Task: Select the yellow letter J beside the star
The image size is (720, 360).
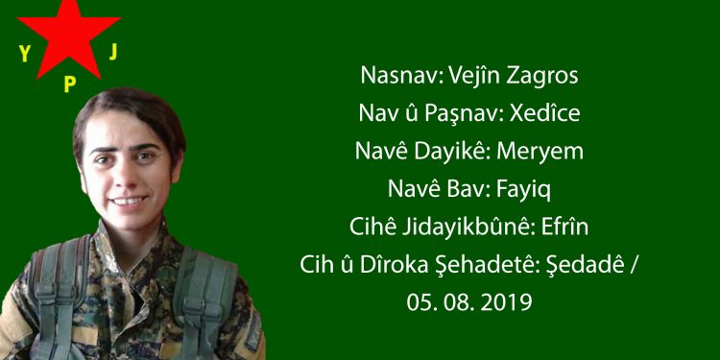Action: pos(113,51)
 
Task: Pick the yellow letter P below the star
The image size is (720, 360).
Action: pos(69,84)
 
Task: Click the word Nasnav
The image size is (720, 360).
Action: pos(395,76)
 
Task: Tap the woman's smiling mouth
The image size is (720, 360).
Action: pos(128,202)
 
